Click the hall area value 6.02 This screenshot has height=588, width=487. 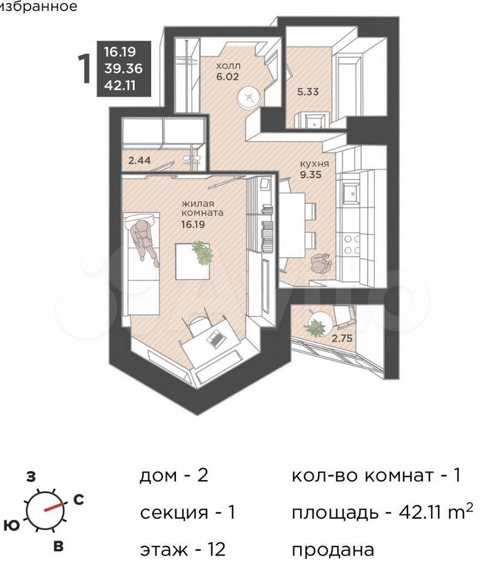(x=227, y=77)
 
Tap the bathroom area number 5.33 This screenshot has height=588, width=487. (x=308, y=91)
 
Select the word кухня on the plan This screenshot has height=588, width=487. (x=314, y=164)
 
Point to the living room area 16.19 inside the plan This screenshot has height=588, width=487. (x=192, y=225)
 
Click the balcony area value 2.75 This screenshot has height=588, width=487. (x=342, y=338)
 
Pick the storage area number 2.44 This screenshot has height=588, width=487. (x=139, y=160)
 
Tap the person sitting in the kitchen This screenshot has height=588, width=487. (x=321, y=264)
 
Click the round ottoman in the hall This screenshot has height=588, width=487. (x=248, y=98)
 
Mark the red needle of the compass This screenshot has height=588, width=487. (x=54, y=507)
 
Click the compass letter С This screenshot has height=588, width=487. (x=78, y=500)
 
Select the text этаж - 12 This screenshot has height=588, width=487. (x=183, y=550)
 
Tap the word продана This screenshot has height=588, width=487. (x=333, y=550)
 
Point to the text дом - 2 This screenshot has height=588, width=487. (x=174, y=475)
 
